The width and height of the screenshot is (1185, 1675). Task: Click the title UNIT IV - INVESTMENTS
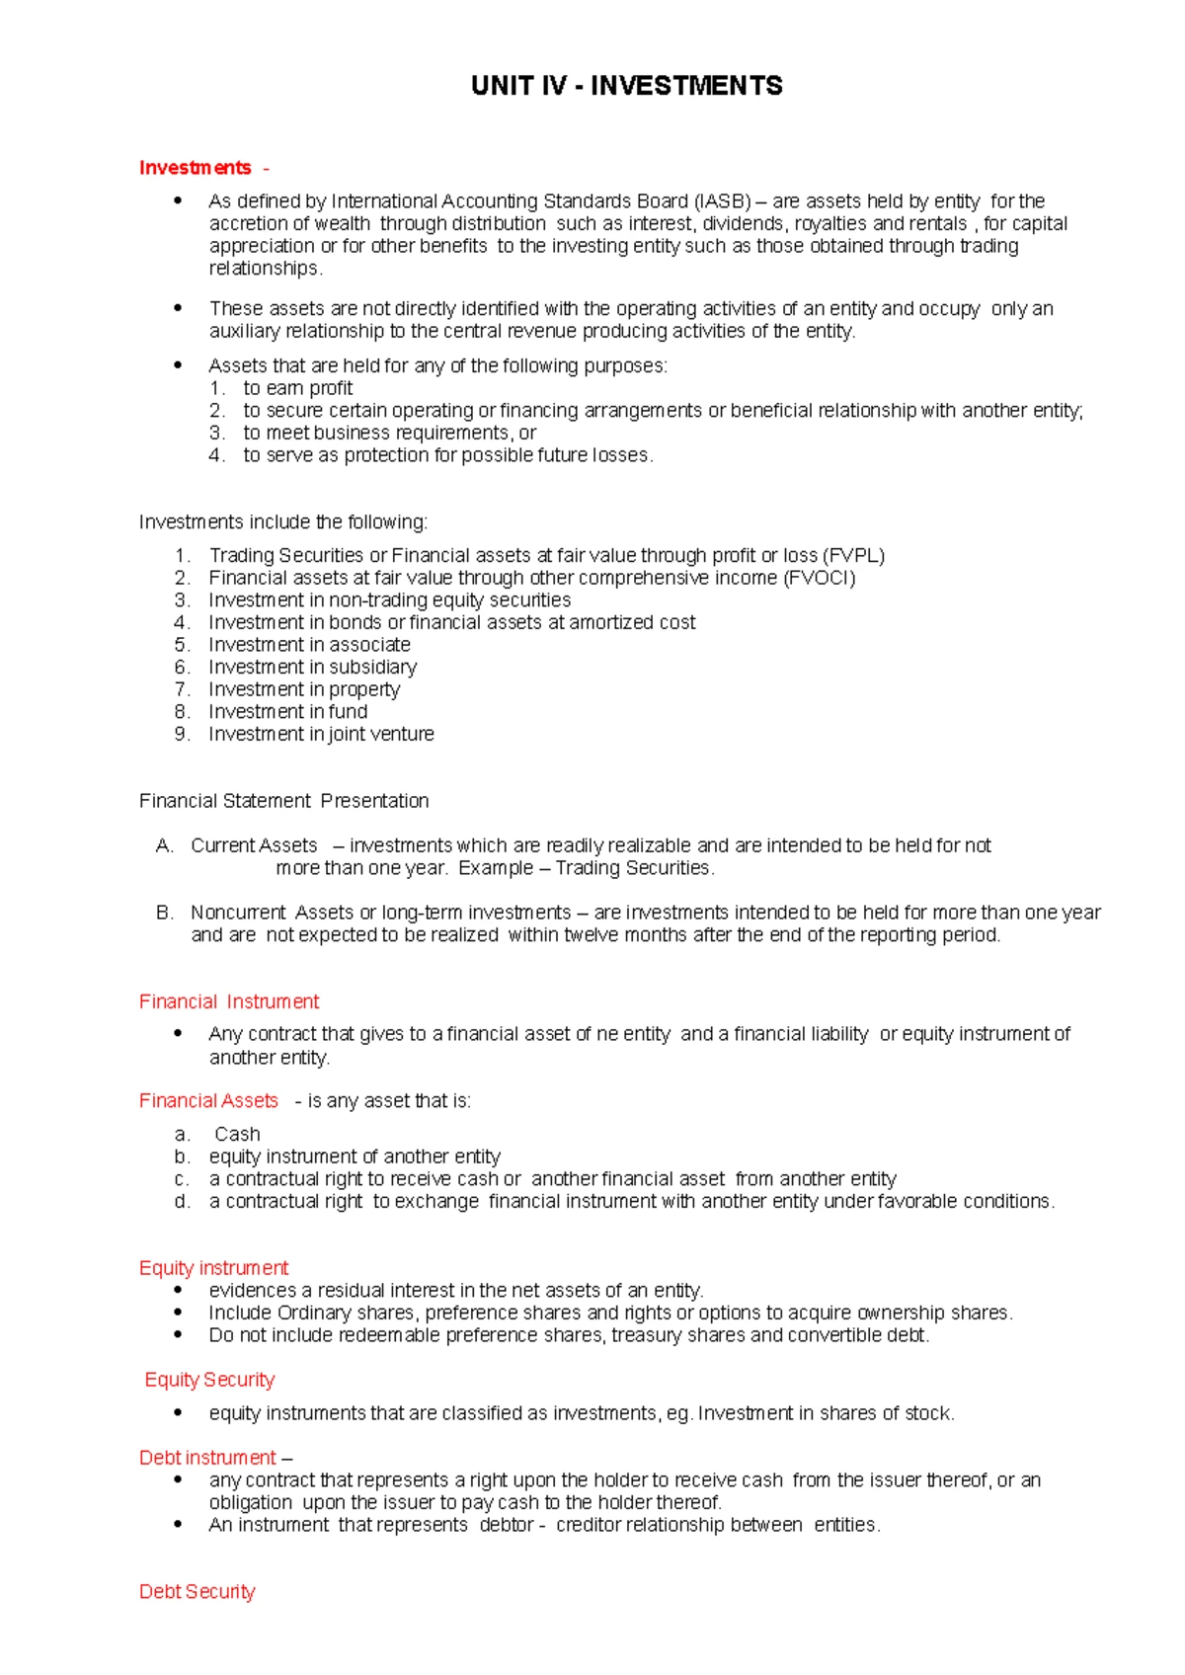click(x=627, y=86)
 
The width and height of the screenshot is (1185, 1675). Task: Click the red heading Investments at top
click(x=195, y=168)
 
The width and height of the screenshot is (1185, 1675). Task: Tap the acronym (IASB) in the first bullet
click(x=722, y=201)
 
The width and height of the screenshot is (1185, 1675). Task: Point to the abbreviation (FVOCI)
click(x=819, y=579)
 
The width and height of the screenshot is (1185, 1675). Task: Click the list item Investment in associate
click(x=309, y=645)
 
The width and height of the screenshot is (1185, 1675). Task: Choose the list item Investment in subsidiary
click(x=312, y=668)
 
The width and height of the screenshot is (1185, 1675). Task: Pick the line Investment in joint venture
click(x=321, y=735)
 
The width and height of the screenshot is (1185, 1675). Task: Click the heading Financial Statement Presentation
click(x=283, y=801)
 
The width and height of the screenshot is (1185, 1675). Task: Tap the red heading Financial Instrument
click(x=229, y=1002)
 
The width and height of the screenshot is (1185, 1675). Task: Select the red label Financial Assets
click(x=208, y=1101)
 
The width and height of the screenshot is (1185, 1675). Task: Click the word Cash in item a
click(x=237, y=1135)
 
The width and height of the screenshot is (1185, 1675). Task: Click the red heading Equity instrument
click(x=213, y=1268)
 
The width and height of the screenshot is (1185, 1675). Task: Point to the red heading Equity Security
click(x=209, y=1380)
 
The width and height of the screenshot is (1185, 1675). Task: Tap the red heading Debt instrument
click(x=207, y=1458)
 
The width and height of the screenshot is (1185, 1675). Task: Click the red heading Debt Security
click(x=197, y=1592)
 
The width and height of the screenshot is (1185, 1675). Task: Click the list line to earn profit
click(x=297, y=389)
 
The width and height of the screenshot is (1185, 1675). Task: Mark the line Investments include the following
click(x=283, y=522)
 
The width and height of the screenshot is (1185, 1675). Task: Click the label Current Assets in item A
click(x=254, y=846)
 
